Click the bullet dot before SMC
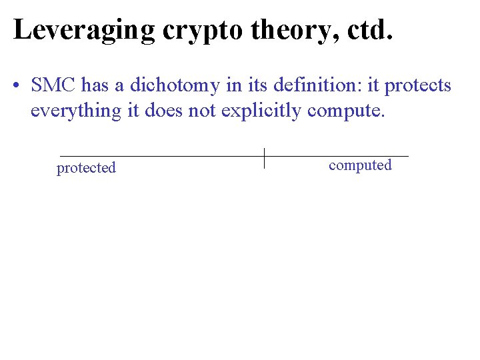pos(17,87)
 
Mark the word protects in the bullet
pos(419,87)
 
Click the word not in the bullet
pos(202,111)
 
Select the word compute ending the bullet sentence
pos(346,111)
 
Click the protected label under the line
pos(86,168)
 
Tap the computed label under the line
pos(360,165)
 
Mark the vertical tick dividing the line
pos(265,158)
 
